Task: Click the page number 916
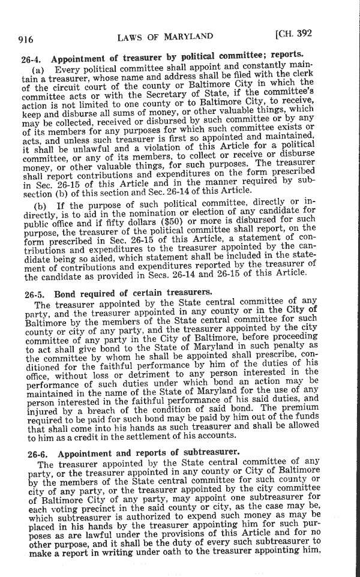tap(25, 40)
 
